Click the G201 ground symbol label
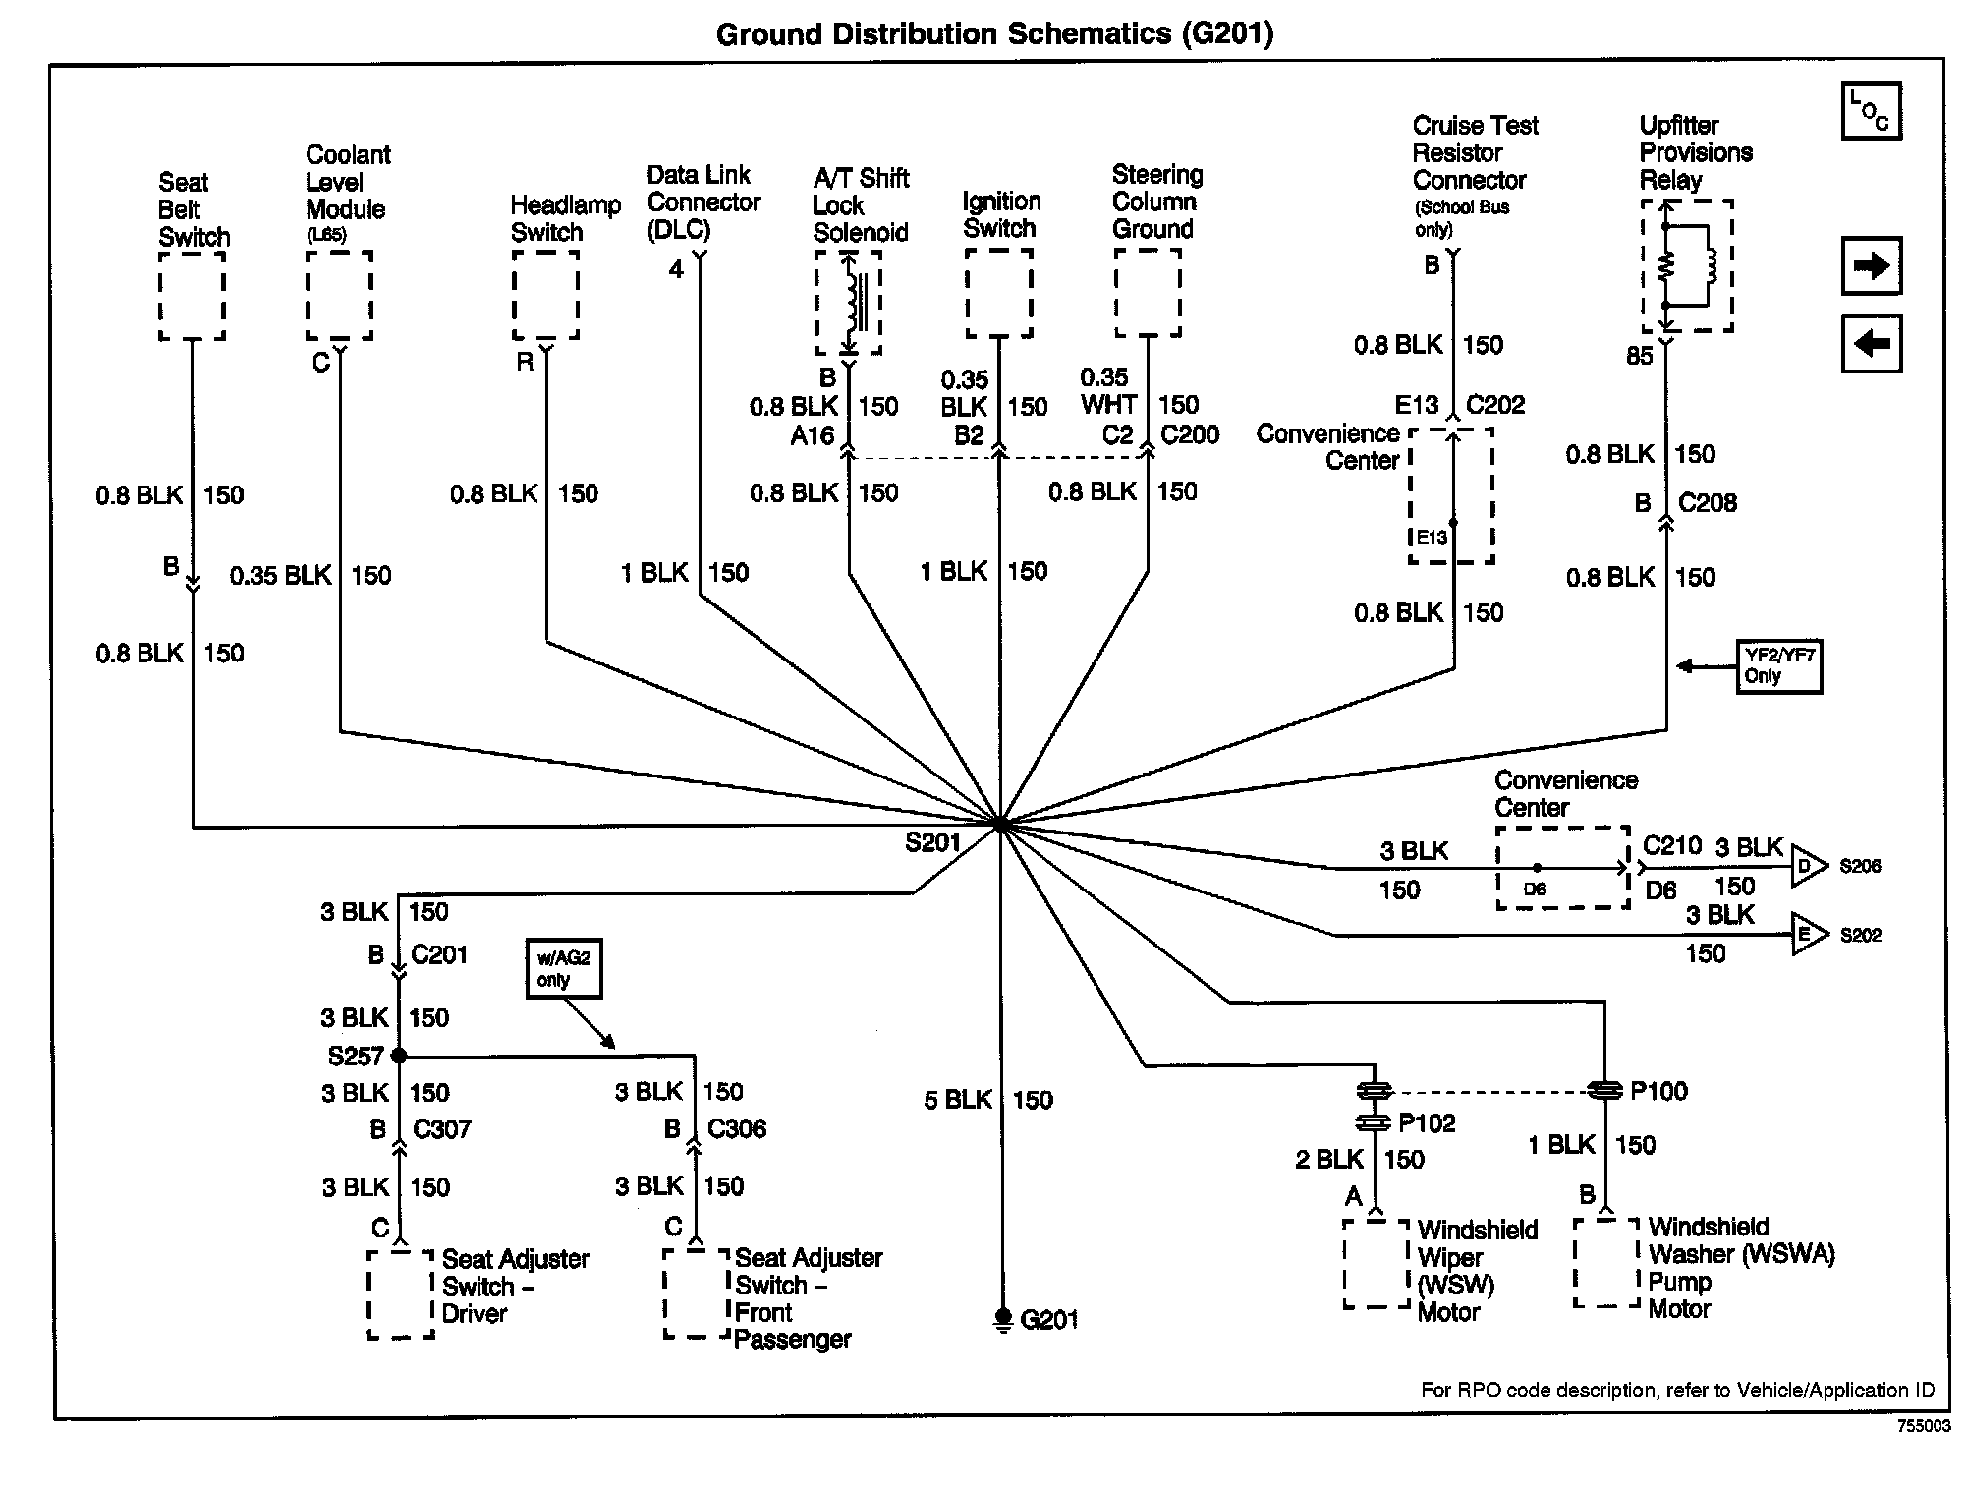pyautogui.click(x=1048, y=1319)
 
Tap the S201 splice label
pyautogui.click(x=932, y=842)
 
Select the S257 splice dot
pyautogui.click(x=399, y=1056)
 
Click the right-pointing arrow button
pyautogui.click(x=1871, y=265)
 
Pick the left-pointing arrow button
pyautogui.click(x=1871, y=343)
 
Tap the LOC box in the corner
pyautogui.click(x=1871, y=110)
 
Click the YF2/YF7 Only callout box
pyautogui.click(x=1778, y=666)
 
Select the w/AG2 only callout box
pyautogui.click(x=563, y=969)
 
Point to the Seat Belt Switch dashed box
pyautogui.click(x=192, y=296)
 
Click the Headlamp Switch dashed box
pyautogui.click(x=545, y=295)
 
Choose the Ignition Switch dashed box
pyautogui.click(x=998, y=293)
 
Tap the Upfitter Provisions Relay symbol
pyautogui.click(x=1687, y=266)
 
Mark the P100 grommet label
pyautogui.click(x=1658, y=1091)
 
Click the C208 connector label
pyautogui.click(x=1707, y=503)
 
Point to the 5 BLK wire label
pyautogui.click(x=958, y=1100)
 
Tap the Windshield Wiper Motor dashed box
pyautogui.click(x=1376, y=1264)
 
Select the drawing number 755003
pyautogui.click(x=1923, y=1426)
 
